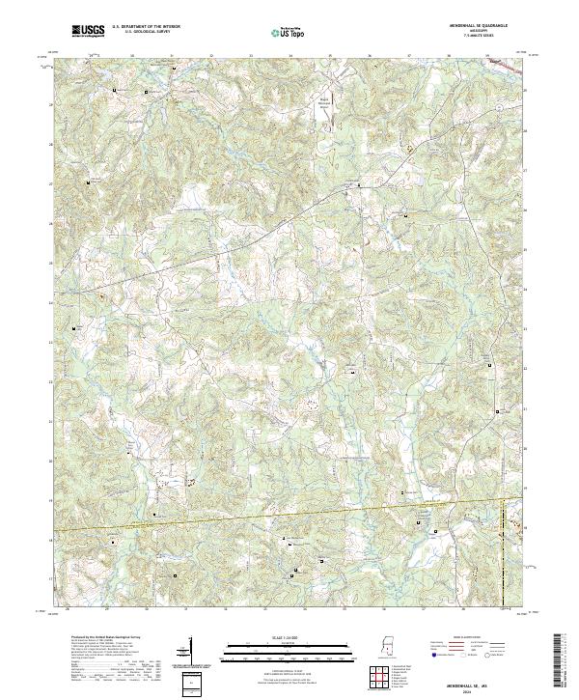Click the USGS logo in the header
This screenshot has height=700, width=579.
(x=88, y=31)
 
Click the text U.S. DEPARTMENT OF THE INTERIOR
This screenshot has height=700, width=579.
(x=146, y=28)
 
